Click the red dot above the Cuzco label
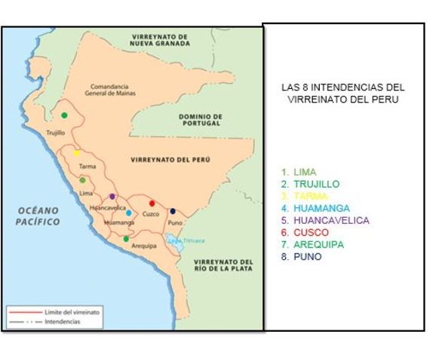152,203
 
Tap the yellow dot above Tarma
76,152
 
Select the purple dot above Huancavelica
112,196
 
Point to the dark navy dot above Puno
173,211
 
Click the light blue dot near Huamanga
128,213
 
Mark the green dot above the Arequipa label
126,238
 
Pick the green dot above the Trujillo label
64,115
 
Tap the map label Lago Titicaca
186,240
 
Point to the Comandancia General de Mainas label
109,90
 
